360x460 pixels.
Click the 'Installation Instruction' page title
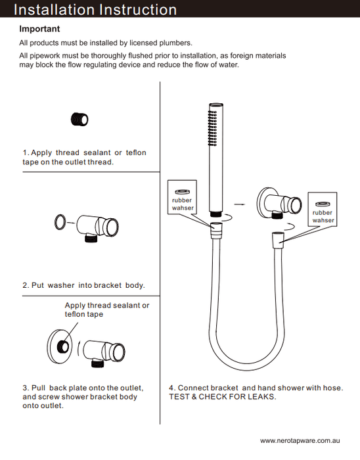(x=95, y=9)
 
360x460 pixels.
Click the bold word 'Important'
(x=39, y=29)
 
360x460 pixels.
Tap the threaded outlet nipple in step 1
(x=79, y=120)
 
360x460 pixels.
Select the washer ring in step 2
(x=60, y=222)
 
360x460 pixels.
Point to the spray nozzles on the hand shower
(x=213, y=128)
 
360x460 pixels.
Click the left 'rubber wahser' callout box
(x=182, y=197)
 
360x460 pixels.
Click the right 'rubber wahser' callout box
(x=323, y=210)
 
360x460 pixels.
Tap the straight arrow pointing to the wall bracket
(x=240, y=204)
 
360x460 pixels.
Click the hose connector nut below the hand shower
(x=216, y=230)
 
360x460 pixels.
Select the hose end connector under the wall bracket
(x=278, y=238)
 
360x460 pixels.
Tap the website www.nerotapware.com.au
(x=300, y=441)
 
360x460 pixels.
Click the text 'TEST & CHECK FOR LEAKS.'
(x=223, y=397)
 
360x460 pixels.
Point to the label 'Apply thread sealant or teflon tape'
(x=107, y=310)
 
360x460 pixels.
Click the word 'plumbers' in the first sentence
(x=175, y=43)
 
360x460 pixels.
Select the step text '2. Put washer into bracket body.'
(x=84, y=285)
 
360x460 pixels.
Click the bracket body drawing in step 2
(x=97, y=228)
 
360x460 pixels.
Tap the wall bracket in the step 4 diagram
(x=279, y=203)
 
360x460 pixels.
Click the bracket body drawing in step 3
(x=104, y=354)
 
